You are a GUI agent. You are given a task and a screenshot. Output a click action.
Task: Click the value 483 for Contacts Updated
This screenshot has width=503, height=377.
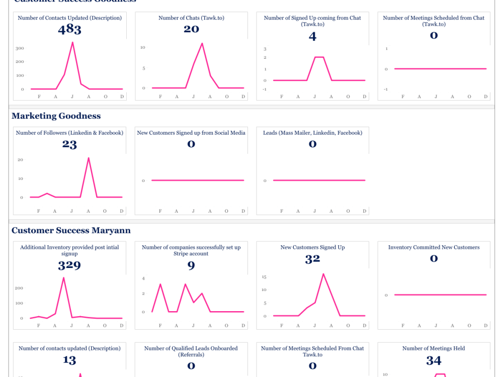pyautogui.click(x=69, y=30)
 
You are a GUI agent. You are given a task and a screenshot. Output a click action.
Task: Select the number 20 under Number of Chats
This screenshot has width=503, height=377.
pyautogui.click(x=191, y=29)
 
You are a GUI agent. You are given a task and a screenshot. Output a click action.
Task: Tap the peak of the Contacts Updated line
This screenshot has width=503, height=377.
pyautogui.click(x=72, y=42)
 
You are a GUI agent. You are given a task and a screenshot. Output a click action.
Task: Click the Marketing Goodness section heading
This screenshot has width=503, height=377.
pyautogui.click(x=56, y=116)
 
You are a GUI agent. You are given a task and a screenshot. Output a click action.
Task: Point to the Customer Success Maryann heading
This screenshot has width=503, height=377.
pyautogui.click(x=71, y=231)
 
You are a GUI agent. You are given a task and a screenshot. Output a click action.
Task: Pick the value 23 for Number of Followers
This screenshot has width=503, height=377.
pyautogui.click(x=69, y=145)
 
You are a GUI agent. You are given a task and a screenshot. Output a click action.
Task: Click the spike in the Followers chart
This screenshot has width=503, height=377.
pyautogui.click(x=89, y=158)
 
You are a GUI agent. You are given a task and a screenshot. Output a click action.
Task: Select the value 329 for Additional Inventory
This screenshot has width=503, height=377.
pyautogui.click(x=69, y=265)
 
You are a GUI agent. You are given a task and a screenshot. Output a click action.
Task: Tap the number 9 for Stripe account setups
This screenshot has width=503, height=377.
pyautogui.click(x=191, y=265)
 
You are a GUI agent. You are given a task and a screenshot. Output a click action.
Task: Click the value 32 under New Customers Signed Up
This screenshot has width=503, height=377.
pyautogui.click(x=312, y=259)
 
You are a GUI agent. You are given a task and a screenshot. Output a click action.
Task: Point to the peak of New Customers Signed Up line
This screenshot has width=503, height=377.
pyautogui.click(x=323, y=274)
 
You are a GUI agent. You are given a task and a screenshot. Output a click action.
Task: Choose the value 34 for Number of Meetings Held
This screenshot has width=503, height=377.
pyautogui.click(x=434, y=360)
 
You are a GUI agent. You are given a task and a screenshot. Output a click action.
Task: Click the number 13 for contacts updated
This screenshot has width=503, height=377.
pyautogui.click(x=69, y=360)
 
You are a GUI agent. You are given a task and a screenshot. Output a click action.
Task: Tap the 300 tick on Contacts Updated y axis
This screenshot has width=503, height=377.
pyautogui.click(x=21, y=48)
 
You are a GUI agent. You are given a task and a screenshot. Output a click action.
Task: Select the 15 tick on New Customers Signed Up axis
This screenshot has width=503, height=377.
pyautogui.click(x=264, y=277)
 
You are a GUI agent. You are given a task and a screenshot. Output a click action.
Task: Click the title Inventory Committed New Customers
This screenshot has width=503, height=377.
pyautogui.click(x=434, y=247)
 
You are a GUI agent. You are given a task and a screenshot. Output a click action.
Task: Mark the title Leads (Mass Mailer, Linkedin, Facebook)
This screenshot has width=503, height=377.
pyautogui.click(x=312, y=133)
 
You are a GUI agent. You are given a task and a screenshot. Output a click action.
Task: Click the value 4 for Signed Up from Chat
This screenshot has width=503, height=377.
pyautogui.click(x=312, y=37)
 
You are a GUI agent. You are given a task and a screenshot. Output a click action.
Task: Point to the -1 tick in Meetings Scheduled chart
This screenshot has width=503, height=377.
pyautogui.click(x=386, y=89)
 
